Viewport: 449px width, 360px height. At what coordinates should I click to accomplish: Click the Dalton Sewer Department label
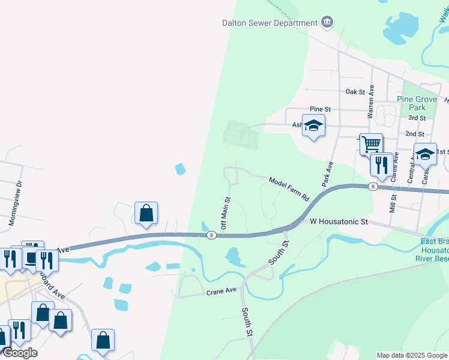[x=270, y=23]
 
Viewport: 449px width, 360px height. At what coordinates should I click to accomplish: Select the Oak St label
[x=355, y=92]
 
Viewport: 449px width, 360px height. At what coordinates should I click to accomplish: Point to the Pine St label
[x=320, y=109]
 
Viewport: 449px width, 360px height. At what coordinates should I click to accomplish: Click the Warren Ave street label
[x=371, y=101]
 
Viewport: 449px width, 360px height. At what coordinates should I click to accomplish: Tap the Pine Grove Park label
[x=412, y=103]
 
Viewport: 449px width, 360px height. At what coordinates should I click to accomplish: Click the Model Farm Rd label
[x=288, y=188]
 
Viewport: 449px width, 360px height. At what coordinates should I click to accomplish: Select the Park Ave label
[x=328, y=173]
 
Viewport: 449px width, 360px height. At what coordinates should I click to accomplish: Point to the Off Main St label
[x=226, y=212]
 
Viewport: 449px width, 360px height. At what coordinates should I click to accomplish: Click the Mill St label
[x=393, y=202]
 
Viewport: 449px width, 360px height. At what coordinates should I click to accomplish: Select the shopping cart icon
[x=372, y=143]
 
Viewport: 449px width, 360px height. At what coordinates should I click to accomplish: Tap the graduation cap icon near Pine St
[x=313, y=125]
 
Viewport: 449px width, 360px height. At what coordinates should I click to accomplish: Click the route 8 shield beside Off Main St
[x=211, y=235]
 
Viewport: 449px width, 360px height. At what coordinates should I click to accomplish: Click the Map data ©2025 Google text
[x=411, y=355]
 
